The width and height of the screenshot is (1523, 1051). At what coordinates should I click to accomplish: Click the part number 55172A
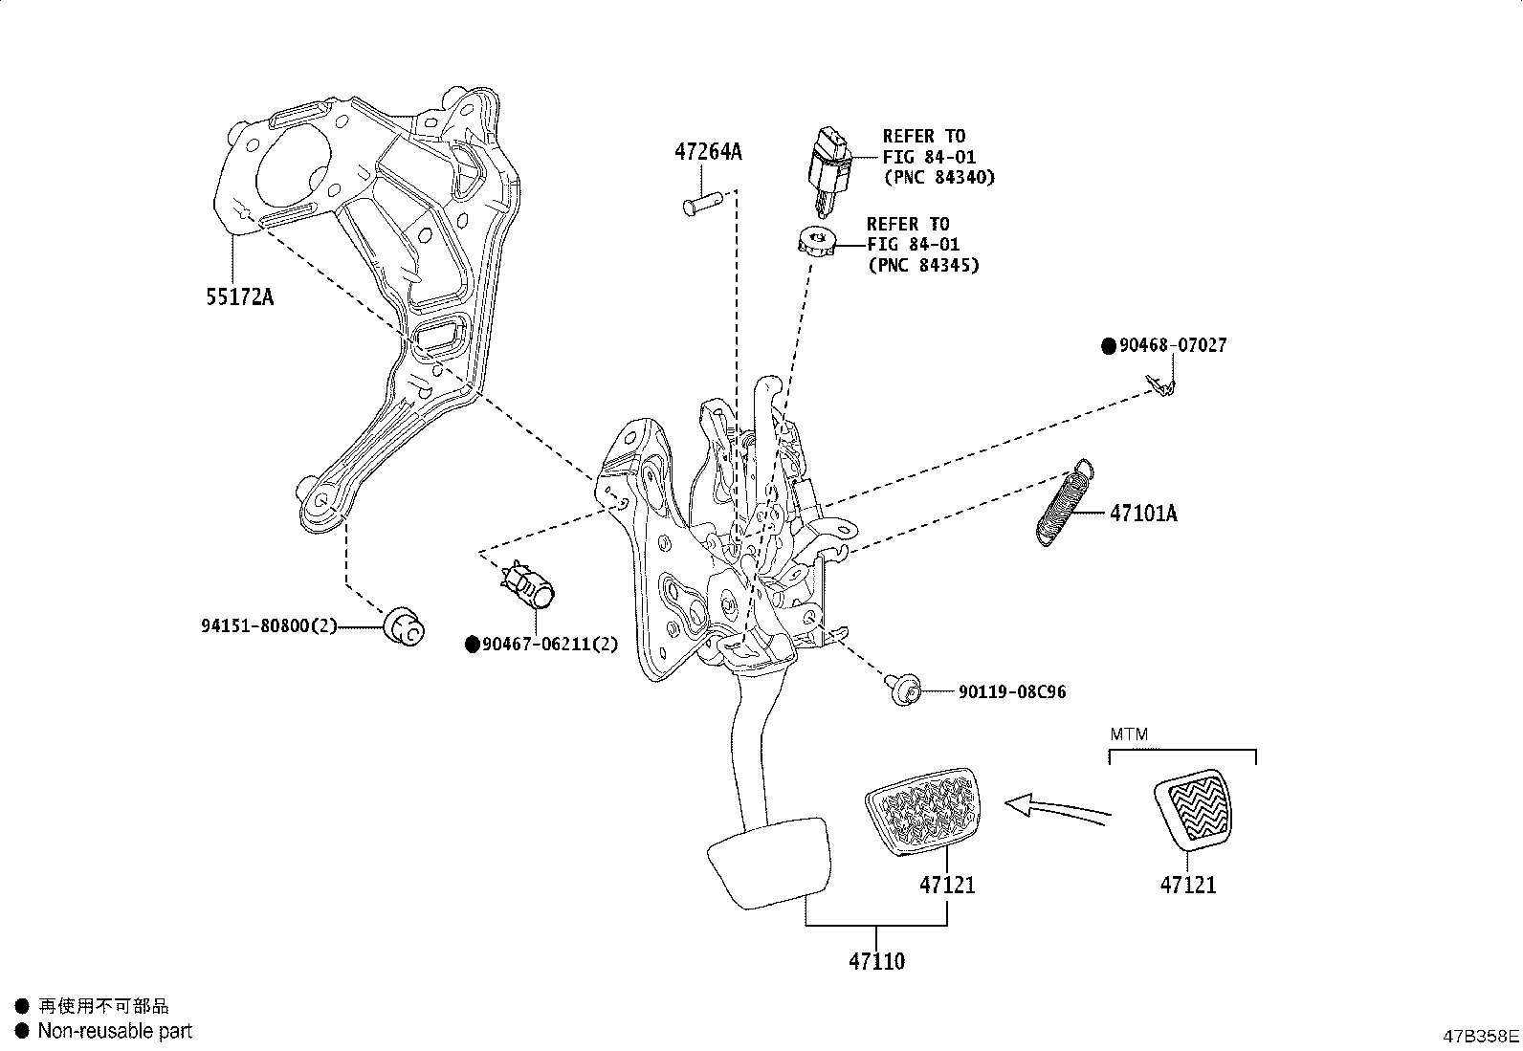click(x=239, y=296)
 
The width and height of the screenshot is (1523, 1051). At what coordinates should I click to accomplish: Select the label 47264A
click(x=707, y=151)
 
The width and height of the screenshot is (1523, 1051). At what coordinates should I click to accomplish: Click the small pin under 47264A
click(x=700, y=204)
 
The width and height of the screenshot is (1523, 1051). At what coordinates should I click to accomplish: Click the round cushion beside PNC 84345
click(x=817, y=241)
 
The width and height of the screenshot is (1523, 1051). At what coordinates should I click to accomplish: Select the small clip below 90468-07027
click(x=1162, y=385)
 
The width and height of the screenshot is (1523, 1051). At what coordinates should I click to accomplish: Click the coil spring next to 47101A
click(x=1064, y=503)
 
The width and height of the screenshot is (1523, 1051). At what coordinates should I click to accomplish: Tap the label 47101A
click(x=1143, y=514)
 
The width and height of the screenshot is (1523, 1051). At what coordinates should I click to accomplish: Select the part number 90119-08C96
click(x=1011, y=690)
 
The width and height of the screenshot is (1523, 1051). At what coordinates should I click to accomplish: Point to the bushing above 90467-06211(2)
click(x=529, y=585)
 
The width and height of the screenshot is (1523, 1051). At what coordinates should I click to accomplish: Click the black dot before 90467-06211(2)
click(x=472, y=645)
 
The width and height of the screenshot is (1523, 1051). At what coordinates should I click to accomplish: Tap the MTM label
click(x=1129, y=734)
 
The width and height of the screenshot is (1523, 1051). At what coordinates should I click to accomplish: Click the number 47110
click(x=876, y=960)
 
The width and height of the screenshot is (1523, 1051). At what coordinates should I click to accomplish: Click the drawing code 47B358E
click(x=1482, y=1035)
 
